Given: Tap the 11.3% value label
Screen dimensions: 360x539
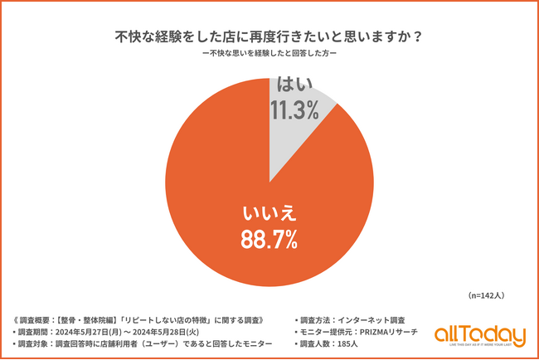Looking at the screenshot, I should (294, 109).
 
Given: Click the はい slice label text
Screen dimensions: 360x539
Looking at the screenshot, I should (294, 84).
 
